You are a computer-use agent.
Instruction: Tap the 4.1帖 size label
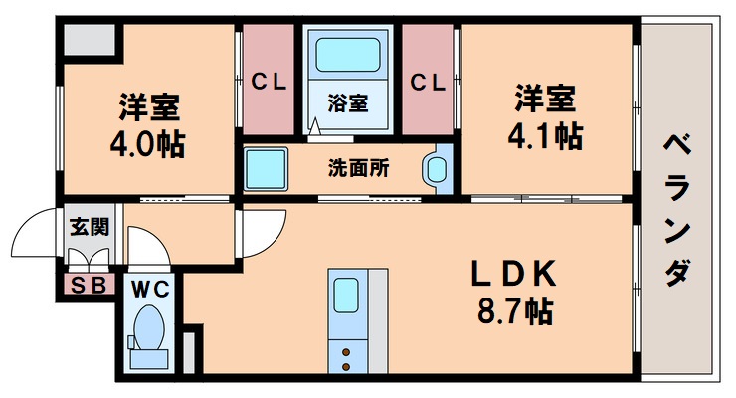[542, 136]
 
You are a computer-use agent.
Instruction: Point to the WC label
[151, 289]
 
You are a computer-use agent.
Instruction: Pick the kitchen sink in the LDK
[346, 296]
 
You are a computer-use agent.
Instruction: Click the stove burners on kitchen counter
[346, 356]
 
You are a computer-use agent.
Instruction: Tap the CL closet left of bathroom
[269, 80]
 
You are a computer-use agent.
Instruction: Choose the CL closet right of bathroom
[428, 80]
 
